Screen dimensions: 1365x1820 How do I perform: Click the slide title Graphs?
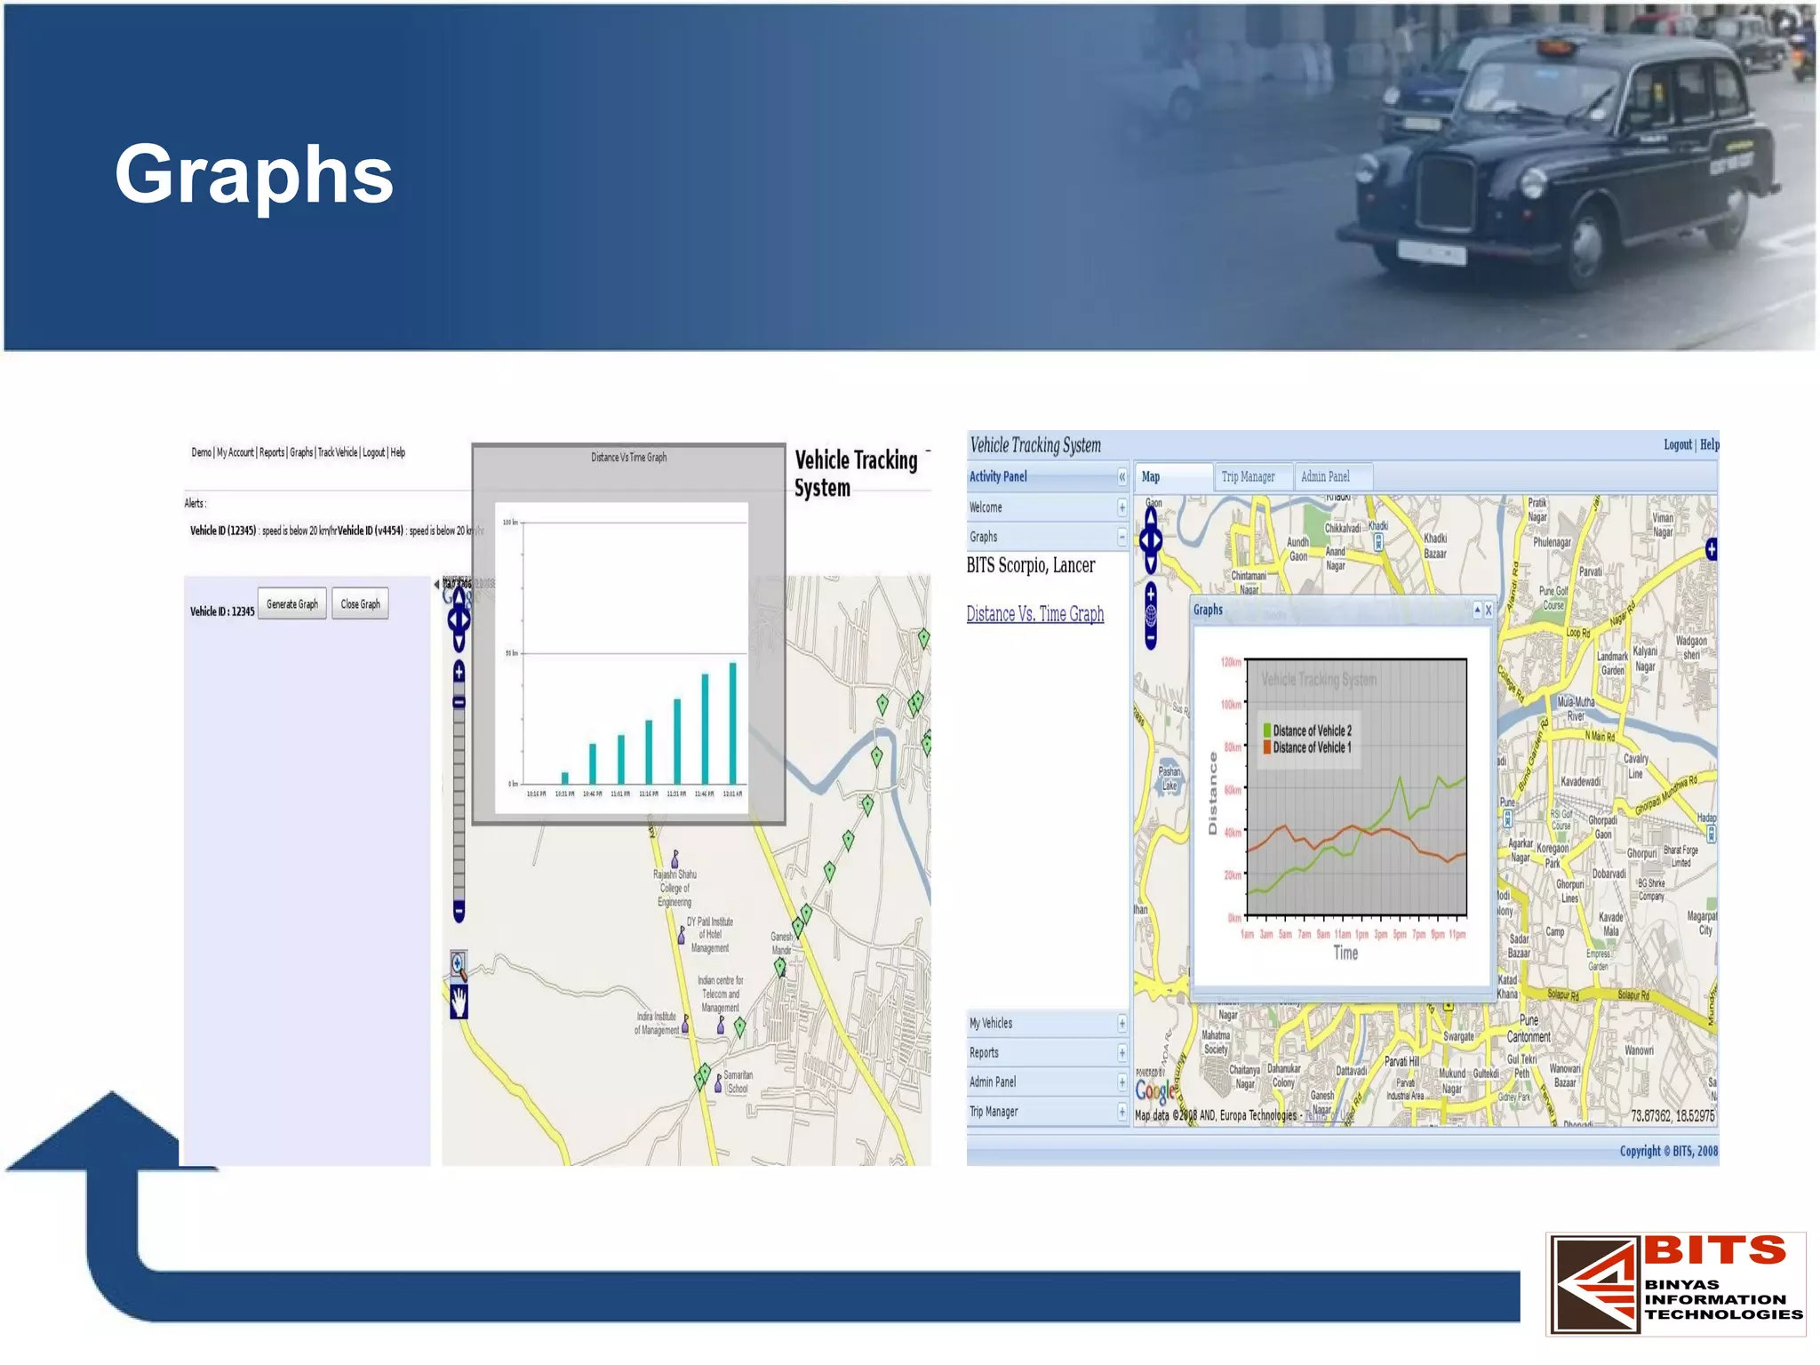point(253,175)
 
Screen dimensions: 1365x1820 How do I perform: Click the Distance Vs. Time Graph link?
point(1034,614)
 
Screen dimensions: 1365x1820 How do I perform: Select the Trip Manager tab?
point(1248,477)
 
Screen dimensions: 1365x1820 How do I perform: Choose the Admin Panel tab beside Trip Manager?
point(1325,477)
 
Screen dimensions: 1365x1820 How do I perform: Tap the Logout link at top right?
point(1677,444)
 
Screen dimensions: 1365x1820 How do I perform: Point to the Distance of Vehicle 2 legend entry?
point(1311,730)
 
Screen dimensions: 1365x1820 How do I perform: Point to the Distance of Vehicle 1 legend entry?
point(1311,747)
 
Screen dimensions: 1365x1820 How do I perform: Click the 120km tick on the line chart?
point(1231,662)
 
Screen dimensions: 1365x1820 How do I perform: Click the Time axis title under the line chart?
point(1345,954)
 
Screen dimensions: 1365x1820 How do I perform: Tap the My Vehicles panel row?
point(991,1024)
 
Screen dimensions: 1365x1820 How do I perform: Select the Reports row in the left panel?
point(984,1053)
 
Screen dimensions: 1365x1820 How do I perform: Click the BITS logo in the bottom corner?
point(1676,1283)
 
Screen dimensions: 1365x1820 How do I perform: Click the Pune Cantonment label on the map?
point(1529,1028)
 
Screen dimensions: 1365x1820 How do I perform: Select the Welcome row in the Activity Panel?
point(986,507)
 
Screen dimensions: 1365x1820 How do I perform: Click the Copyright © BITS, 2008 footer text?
point(1668,1151)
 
